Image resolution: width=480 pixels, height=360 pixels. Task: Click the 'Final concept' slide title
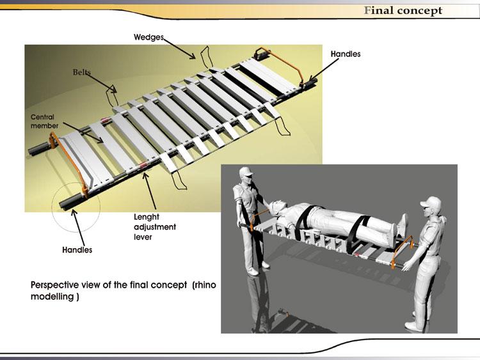[x=403, y=10]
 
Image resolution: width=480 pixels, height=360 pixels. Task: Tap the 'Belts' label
[x=83, y=72]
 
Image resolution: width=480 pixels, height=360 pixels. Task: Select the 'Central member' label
[x=44, y=121]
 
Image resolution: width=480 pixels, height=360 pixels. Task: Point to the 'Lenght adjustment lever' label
[x=154, y=227]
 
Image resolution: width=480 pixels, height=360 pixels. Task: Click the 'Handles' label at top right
[x=345, y=54]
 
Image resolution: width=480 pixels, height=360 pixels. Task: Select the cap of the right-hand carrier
[x=430, y=203]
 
